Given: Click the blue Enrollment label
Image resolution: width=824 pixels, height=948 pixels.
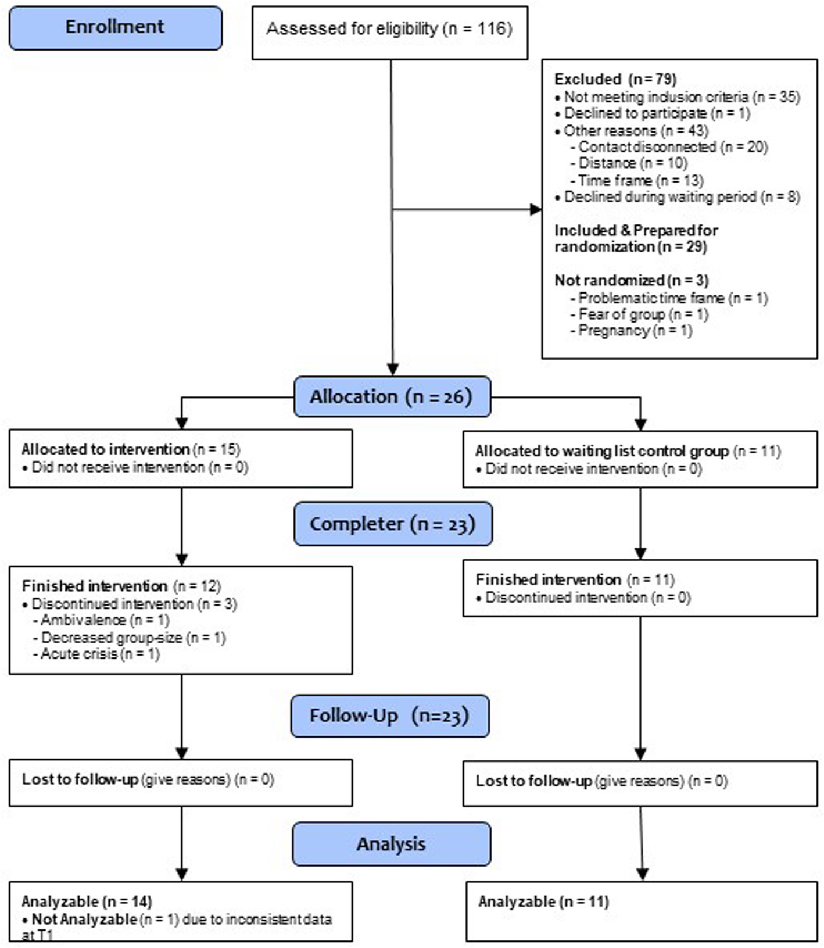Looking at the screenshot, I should [115, 27].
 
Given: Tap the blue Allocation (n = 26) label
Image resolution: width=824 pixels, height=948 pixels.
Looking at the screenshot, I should [392, 397].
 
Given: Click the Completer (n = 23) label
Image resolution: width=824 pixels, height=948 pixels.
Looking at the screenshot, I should [393, 524].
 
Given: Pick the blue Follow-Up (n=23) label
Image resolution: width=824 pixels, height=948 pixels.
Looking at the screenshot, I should [389, 716].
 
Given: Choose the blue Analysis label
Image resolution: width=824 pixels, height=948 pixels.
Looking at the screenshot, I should [391, 844].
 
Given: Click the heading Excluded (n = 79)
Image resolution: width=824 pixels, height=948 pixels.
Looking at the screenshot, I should [615, 79].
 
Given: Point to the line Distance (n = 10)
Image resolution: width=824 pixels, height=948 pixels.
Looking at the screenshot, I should [632, 163].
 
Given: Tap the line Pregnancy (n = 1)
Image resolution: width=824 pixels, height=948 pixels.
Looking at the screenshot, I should [635, 331].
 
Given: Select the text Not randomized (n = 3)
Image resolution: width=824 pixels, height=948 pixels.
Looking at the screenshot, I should [631, 280].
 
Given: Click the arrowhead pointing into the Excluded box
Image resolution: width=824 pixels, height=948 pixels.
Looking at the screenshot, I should [536, 209].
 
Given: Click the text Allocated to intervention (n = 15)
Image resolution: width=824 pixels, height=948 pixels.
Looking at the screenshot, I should [131, 449].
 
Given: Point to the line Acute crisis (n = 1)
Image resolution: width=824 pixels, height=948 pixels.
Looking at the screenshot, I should [99, 654].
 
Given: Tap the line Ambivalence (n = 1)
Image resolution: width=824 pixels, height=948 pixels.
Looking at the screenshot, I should [105, 620].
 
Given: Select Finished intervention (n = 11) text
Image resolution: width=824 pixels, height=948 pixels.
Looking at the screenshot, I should [574, 579].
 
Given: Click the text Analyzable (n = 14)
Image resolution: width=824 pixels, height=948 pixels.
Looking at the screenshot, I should [87, 902].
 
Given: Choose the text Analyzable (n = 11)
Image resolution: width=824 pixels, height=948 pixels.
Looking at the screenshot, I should [543, 902].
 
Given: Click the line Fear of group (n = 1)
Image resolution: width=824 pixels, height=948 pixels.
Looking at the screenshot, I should [643, 314].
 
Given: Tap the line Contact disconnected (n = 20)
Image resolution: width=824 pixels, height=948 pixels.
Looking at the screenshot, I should [672, 147].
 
